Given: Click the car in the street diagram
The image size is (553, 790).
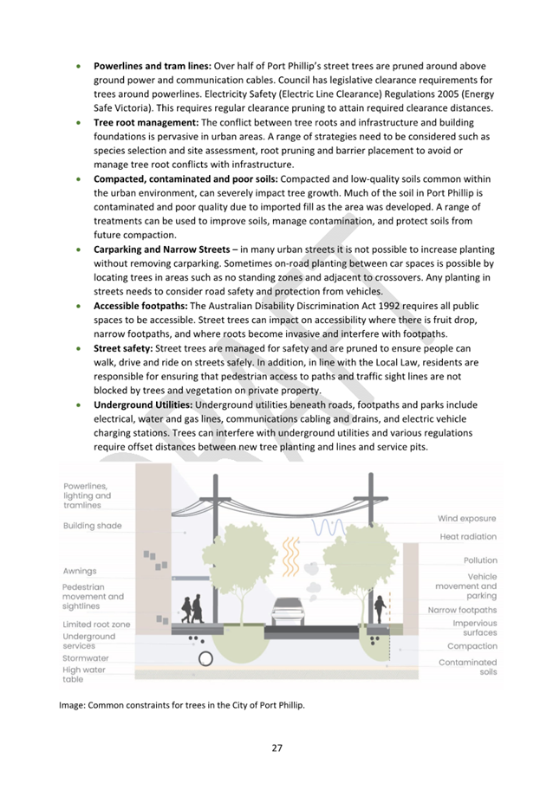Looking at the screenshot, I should [285, 612].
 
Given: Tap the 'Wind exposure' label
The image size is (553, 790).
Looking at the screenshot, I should [467, 518].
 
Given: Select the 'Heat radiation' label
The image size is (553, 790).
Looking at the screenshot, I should [468, 536].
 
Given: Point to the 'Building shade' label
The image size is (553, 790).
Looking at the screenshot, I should [93, 526].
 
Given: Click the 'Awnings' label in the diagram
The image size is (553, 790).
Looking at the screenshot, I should [80, 571].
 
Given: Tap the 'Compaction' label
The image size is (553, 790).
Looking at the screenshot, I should [472, 646].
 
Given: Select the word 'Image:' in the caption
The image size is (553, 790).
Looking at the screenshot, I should [75, 705].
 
